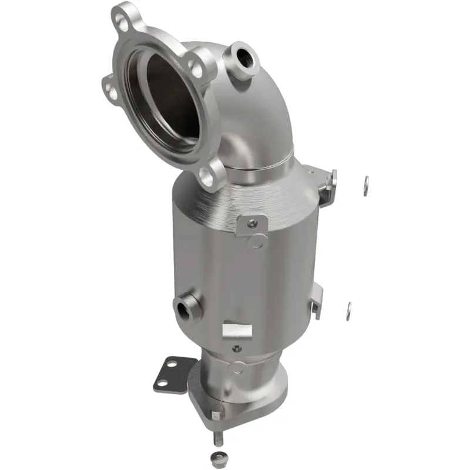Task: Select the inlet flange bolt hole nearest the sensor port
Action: coord(196,70)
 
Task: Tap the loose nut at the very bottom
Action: coord(217,459)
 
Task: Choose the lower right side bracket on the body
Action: coord(316,300)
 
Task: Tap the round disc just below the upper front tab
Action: coord(256,241)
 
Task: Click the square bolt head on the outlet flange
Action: coord(215,415)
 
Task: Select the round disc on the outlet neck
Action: coord(236,368)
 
